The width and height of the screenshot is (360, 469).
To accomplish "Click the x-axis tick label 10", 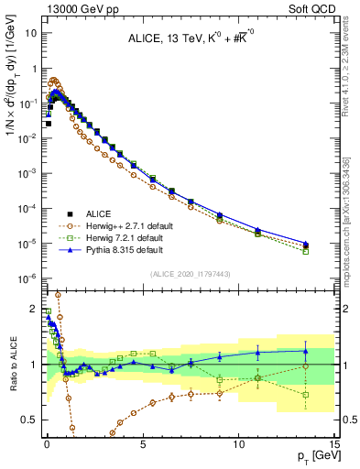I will [238, 442].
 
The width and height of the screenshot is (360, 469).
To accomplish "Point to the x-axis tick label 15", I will [333, 442].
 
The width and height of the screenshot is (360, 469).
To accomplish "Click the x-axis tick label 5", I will [142, 442].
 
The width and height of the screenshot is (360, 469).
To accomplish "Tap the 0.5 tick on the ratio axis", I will [31, 420].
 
